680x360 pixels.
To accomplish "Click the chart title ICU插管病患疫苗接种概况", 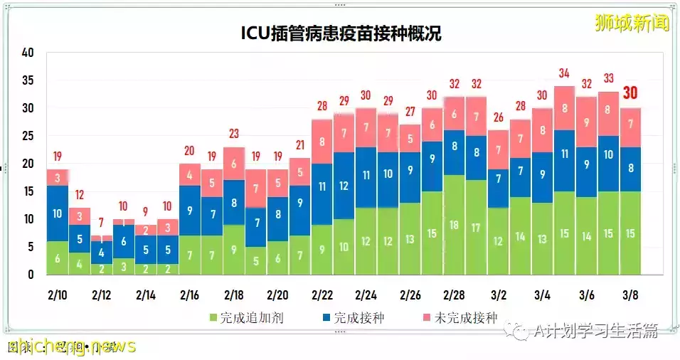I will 339,33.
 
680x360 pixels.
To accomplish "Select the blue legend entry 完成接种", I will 352,318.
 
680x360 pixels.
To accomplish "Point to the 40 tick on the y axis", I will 28,53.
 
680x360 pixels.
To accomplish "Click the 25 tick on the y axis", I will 28,136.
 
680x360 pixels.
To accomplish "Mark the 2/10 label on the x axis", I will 57,294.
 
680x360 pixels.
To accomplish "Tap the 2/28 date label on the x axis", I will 454,294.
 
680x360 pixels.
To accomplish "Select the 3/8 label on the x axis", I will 630,294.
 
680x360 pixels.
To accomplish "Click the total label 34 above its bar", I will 564,73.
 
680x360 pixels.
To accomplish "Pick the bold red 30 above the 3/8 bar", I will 630,93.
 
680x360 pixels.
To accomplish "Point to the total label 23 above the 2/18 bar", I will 234,133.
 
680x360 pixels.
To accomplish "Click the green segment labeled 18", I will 455,225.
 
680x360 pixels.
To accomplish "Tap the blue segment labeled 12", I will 344,186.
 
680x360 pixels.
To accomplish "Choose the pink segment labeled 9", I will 586,122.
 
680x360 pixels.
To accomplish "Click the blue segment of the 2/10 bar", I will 58,213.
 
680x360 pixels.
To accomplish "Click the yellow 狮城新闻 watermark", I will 632,23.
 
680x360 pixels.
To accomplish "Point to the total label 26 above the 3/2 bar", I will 498,117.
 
